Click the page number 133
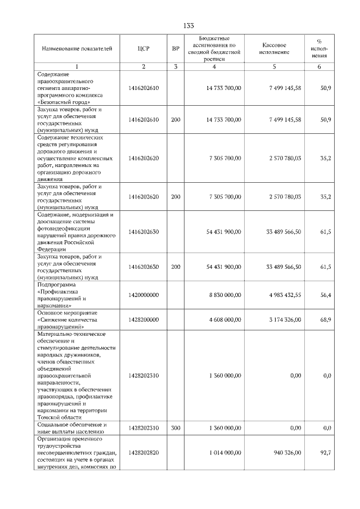click(188, 26)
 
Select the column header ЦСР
click(143, 48)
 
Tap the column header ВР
click(175, 48)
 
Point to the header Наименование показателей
click(73, 48)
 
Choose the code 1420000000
click(143, 295)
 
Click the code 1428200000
click(143, 319)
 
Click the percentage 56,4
click(325, 295)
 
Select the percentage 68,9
click(325, 319)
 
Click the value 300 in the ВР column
click(175, 428)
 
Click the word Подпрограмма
click(55, 285)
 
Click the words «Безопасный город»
click(62, 102)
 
